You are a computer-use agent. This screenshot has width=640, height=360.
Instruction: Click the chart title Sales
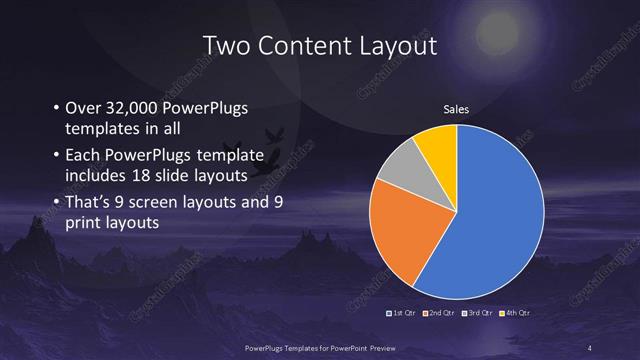456,110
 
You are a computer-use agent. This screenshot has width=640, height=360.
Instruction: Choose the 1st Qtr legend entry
403,313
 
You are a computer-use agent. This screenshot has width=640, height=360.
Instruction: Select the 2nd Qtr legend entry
441,313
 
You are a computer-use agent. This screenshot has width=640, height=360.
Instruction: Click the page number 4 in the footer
591,346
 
